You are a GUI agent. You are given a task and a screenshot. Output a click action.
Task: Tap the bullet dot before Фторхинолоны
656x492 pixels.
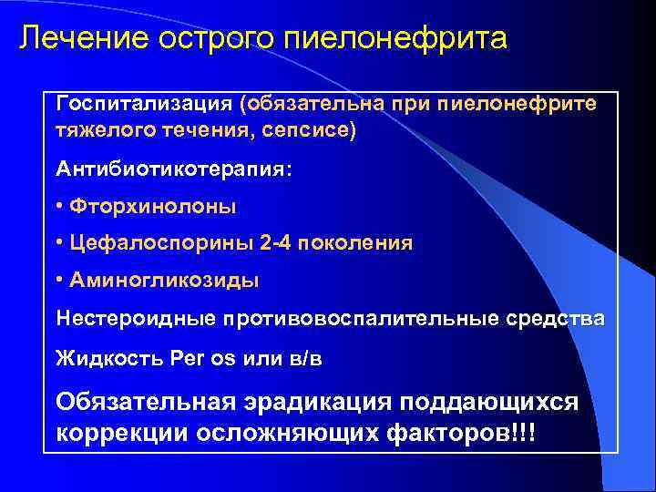point(59,207)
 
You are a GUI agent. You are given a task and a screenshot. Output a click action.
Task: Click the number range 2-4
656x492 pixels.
point(275,244)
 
